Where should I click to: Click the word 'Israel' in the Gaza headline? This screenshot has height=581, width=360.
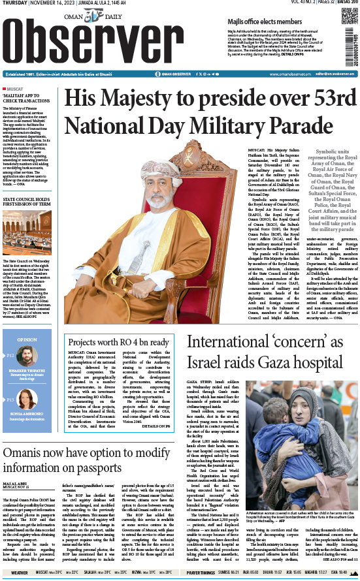click(x=208, y=362)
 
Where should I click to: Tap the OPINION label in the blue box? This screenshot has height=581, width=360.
click(x=27, y=340)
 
